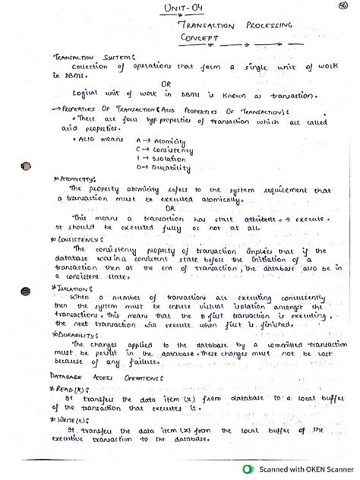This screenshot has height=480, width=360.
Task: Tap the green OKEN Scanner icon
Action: [x=248, y=469]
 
